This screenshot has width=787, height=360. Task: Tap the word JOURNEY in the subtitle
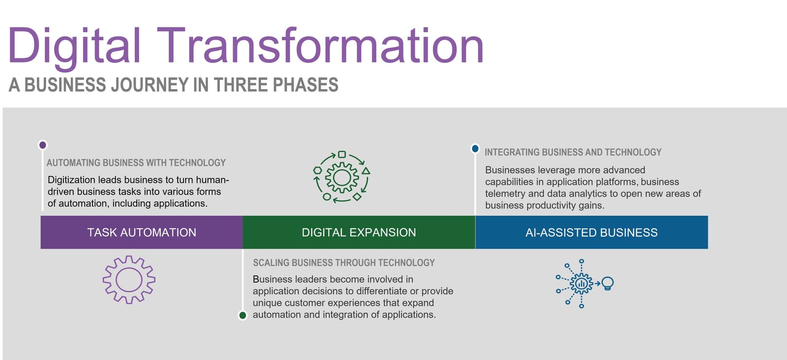tap(151, 85)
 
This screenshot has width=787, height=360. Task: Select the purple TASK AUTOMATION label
tap(142, 233)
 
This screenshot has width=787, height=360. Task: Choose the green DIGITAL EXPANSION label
tap(359, 233)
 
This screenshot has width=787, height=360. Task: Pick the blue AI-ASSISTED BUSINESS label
tap(591, 233)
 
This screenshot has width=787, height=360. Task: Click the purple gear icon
tap(129, 279)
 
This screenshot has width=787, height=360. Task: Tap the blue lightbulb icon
tap(607, 283)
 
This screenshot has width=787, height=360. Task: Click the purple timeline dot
tap(42, 145)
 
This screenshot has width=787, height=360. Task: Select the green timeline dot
tap(242, 315)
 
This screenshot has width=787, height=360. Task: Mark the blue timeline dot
tap(475, 149)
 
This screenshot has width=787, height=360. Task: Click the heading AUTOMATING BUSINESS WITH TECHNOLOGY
tap(136, 163)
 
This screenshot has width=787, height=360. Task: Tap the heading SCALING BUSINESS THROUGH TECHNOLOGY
tap(344, 263)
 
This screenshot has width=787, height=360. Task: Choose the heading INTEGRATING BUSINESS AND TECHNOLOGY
tap(573, 152)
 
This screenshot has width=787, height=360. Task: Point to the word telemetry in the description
tap(505, 194)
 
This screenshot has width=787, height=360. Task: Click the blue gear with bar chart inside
tap(581, 283)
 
